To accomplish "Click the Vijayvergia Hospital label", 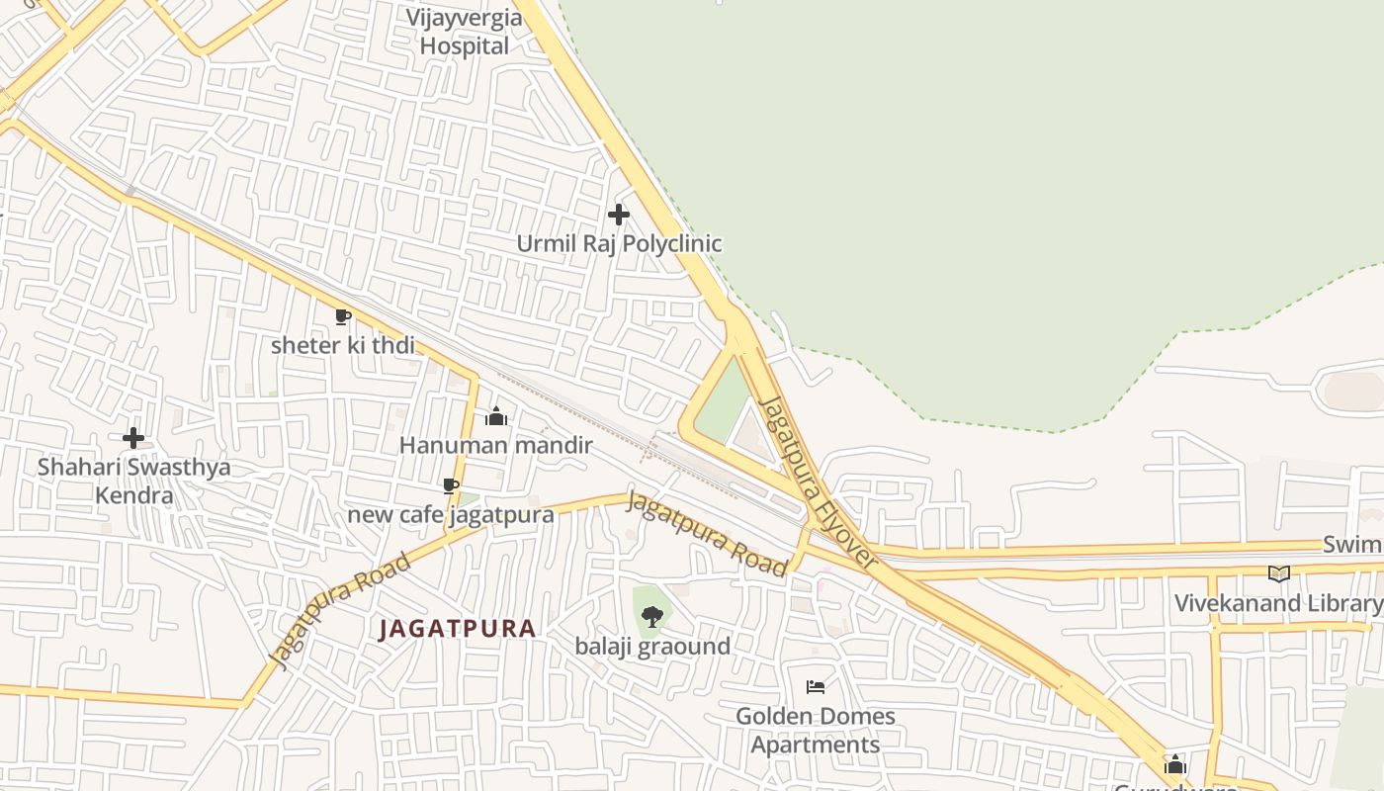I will [x=465, y=32].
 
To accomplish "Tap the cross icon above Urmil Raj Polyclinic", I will [x=619, y=215].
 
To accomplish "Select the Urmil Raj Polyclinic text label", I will [x=620, y=243].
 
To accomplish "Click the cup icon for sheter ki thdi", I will [x=343, y=317].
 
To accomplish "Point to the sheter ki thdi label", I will [x=343, y=345].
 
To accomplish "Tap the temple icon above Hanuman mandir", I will [x=496, y=417].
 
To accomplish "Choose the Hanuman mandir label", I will [x=496, y=445].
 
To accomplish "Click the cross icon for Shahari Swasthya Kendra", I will [x=133, y=438].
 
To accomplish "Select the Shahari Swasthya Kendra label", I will [x=133, y=481].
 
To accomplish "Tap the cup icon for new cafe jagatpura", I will [x=451, y=486].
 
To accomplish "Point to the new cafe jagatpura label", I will [x=451, y=514].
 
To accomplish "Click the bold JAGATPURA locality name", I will [x=458, y=629].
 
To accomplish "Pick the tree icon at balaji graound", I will [x=651, y=618].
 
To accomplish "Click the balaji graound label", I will [x=653, y=647].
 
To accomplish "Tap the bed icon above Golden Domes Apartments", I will [x=816, y=687].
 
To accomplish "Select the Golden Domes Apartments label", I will [x=816, y=730].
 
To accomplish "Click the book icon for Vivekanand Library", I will [x=1279, y=573].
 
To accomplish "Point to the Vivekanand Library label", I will [x=1278, y=603].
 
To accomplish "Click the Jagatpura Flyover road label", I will [x=818, y=483].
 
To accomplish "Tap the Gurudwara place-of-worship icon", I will [x=1175, y=764].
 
